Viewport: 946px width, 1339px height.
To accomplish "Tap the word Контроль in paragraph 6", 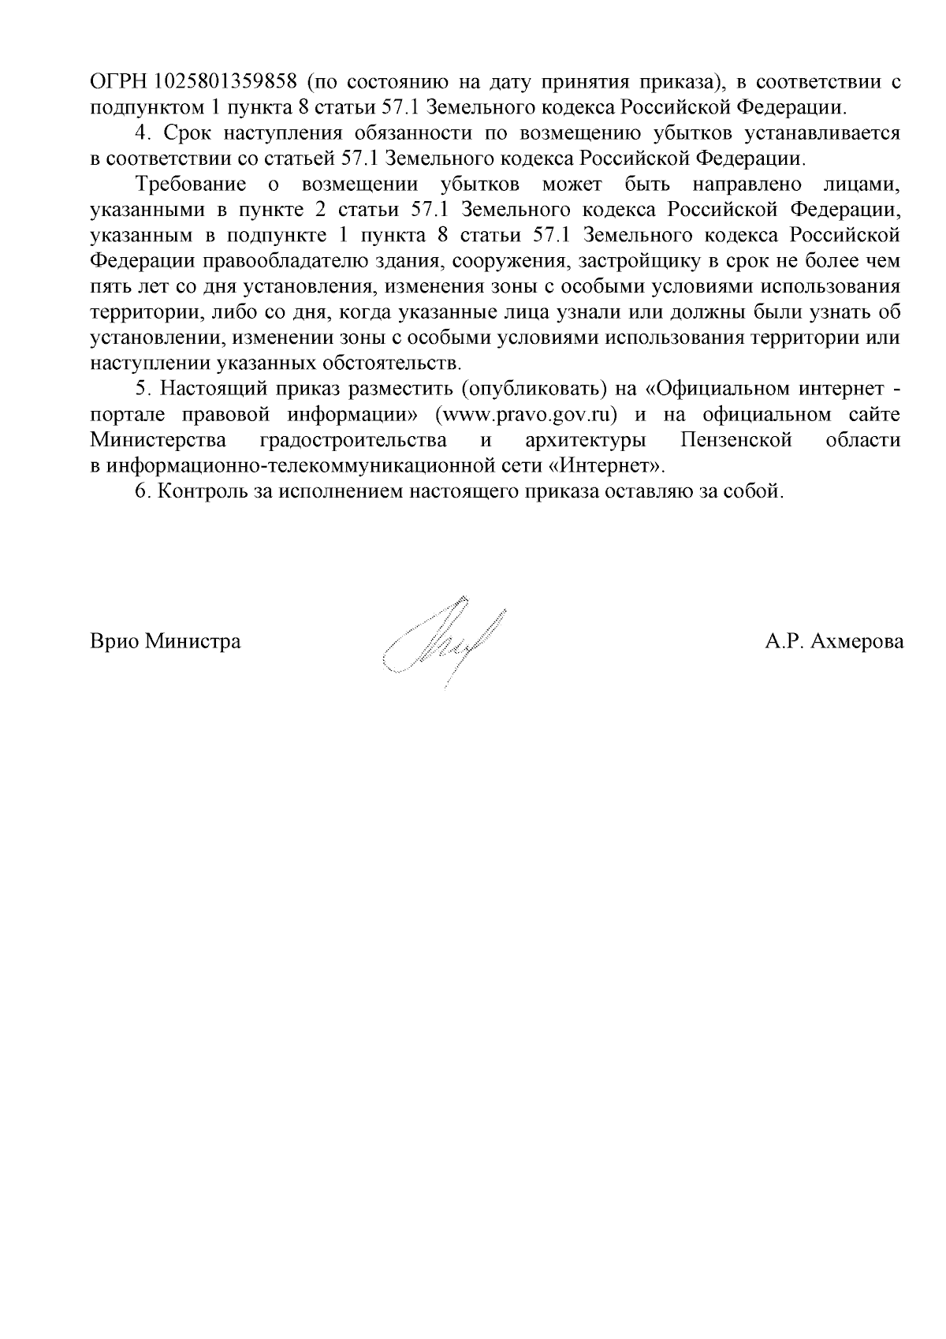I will (199, 491).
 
